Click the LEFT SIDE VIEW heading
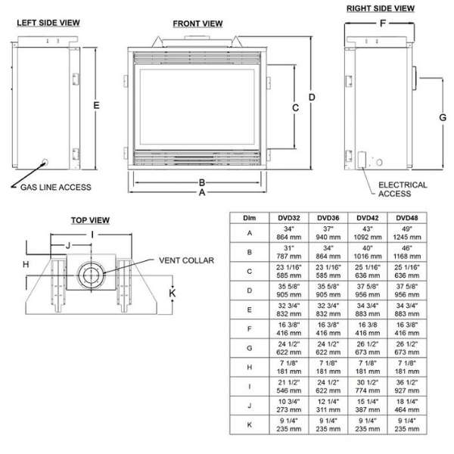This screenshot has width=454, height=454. click(48, 23)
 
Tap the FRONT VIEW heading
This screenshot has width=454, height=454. click(197, 23)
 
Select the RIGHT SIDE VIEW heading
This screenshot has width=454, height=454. click(381, 8)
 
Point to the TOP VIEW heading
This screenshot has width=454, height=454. click(90, 220)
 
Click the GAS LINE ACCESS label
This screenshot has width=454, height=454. click(55, 187)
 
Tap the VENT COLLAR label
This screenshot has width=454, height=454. click(186, 260)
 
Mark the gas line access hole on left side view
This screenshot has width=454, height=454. click(45, 162)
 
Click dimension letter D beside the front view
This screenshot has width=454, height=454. click(312, 98)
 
